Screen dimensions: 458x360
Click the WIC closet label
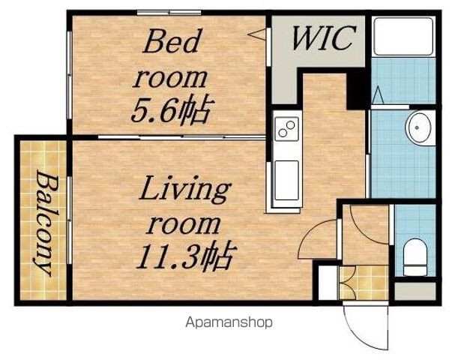(x=325, y=38)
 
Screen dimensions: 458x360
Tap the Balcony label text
(x=43, y=223)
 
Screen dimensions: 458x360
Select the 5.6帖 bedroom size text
(x=172, y=109)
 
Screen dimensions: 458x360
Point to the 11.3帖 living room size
(x=186, y=255)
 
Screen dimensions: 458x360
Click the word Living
(x=185, y=190)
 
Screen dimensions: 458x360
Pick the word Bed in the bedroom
(x=172, y=41)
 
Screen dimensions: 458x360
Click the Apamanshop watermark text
(x=229, y=322)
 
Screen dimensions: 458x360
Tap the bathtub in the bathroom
(x=403, y=37)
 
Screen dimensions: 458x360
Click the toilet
(x=415, y=257)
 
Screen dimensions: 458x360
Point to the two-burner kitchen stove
(x=286, y=129)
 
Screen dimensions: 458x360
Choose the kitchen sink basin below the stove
(x=286, y=180)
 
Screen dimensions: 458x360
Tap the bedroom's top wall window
(x=169, y=13)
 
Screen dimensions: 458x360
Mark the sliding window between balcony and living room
(x=69, y=220)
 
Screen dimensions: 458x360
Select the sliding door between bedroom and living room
(x=181, y=137)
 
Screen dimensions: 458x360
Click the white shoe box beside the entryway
(x=328, y=283)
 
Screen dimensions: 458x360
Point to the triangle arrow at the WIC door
(x=257, y=34)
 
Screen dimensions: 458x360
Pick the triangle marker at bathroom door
(x=379, y=95)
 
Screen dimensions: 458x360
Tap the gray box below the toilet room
(x=415, y=291)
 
